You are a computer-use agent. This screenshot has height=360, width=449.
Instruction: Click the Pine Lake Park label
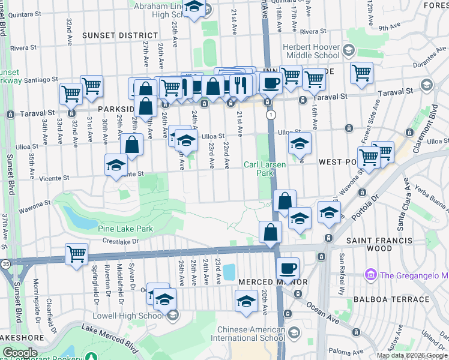(126, 229)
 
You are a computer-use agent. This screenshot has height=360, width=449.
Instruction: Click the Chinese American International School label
(251, 334)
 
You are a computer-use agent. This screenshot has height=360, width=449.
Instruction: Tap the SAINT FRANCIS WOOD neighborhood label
(379, 244)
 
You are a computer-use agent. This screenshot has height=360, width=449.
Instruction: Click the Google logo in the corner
(20, 353)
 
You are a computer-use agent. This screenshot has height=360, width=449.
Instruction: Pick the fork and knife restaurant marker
(241, 86)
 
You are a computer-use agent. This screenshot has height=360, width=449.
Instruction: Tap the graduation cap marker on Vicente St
(116, 166)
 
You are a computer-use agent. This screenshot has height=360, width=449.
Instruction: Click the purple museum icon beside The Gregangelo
(370, 275)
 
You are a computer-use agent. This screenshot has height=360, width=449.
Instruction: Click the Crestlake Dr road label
(120, 241)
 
